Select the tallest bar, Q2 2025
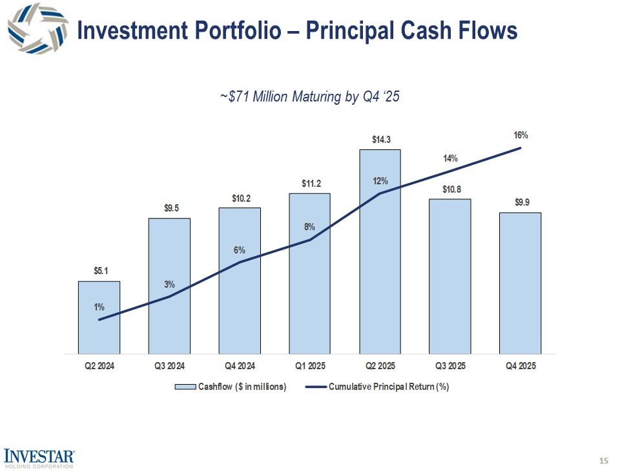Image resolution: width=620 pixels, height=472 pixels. tap(380, 252)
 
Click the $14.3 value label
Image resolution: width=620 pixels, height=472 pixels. tap(380, 139)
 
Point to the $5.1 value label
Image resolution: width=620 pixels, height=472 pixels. tap(99, 271)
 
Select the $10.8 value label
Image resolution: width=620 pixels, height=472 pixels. tap(451, 189)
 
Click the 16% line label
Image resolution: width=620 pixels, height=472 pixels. tap(521, 136)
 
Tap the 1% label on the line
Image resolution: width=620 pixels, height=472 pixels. tap(99, 307)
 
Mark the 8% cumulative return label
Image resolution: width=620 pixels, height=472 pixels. tap(310, 227)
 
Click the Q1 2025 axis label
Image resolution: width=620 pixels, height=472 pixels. tap(310, 367)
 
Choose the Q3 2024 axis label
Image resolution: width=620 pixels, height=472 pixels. tap(170, 367)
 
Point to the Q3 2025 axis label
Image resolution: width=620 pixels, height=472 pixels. tap(450, 367)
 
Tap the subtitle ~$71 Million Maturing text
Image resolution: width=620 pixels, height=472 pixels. tap(310, 97)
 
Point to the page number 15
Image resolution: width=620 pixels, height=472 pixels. tap(604, 460)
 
